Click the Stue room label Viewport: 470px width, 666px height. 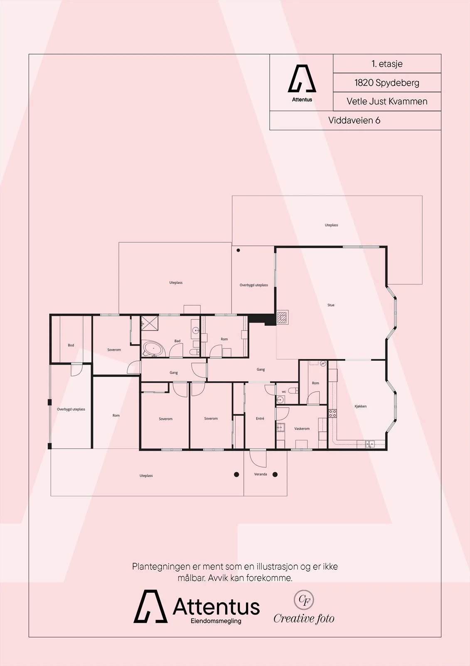(x=331, y=305)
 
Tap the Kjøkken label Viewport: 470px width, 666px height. (x=360, y=406)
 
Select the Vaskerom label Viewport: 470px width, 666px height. (x=302, y=429)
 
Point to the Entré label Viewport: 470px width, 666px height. (x=260, y=418)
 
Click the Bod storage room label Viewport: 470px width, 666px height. (x=71, y=345)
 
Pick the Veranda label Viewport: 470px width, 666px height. (x=261, y=474)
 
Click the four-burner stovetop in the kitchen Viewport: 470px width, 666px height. (x=332, y=413)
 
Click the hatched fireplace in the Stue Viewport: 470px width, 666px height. (x=282, y=317)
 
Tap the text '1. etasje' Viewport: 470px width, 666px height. (x=387, y=64)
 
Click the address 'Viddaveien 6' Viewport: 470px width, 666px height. (x=354, y=120)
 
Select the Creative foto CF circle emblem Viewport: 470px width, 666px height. (x=304, y=600)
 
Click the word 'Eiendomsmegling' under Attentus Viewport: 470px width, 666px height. (x=216, y=621)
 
